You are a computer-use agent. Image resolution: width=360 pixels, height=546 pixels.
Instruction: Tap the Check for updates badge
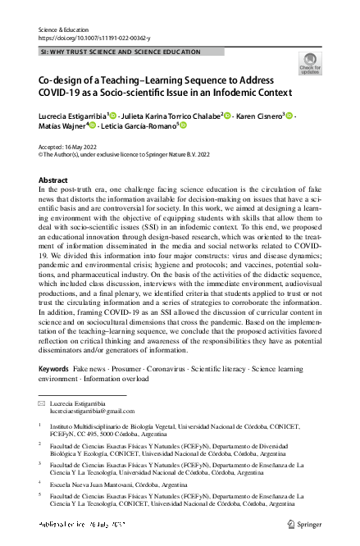click(309, 64)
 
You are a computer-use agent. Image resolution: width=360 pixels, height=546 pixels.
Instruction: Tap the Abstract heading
click(53, 180)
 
